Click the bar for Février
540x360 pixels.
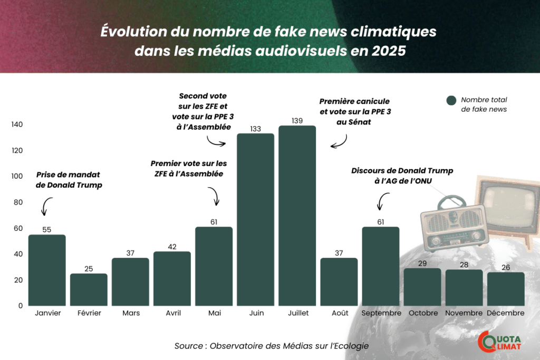pos(89,289)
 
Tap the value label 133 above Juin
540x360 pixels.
pos(256,129)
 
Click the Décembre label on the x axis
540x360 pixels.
pos(506,313)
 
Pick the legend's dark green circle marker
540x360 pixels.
pos(451,100)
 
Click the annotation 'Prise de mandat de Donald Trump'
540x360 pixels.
pos(68,180)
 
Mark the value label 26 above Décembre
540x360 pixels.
pos(506,268)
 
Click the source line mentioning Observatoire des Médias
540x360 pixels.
pos(271,346)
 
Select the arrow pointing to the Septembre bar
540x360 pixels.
pos(383,202)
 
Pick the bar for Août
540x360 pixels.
pos(339,281)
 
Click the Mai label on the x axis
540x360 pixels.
pos(214,313)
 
